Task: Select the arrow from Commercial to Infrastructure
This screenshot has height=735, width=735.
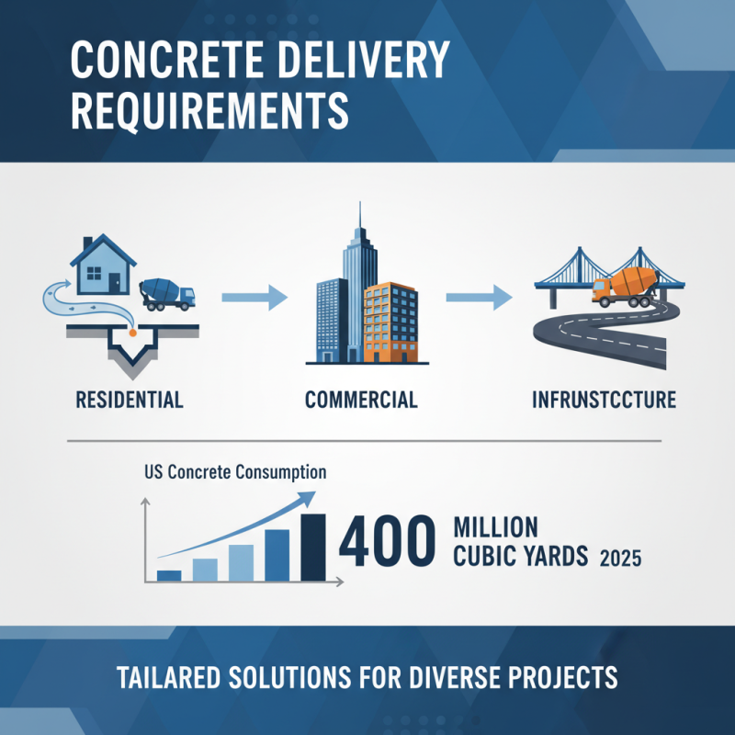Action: [x=479, y=297]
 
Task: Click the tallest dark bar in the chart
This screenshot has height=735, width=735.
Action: [x=312, y=548]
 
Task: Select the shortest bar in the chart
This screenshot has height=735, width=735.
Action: [x=169, y=575]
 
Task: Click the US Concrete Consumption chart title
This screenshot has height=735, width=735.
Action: [x=235, y=473]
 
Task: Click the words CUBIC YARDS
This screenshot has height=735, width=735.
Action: [x=520, y=557]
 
